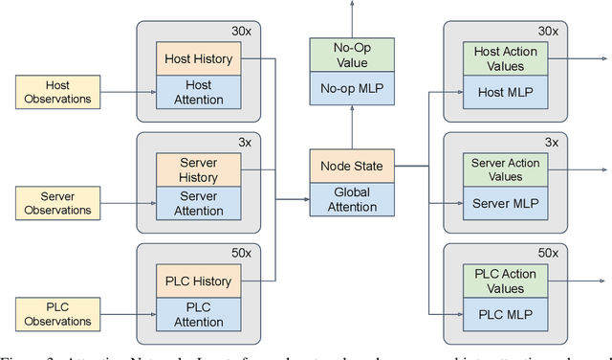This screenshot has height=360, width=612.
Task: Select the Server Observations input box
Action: coord(56,202)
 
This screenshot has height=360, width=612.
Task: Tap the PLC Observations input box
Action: coord(56,313)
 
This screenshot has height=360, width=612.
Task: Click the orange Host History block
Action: coord(199,59)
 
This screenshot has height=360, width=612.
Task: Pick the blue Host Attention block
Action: coord(199,93)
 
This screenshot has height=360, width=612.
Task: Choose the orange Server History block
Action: coord(199,169)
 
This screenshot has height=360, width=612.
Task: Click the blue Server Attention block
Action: coord(199,203)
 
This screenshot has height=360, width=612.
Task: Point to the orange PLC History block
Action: coord(199,281)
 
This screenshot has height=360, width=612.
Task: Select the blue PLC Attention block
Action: coord(199,314)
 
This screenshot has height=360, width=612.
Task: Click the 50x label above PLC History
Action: coord(244,254)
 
